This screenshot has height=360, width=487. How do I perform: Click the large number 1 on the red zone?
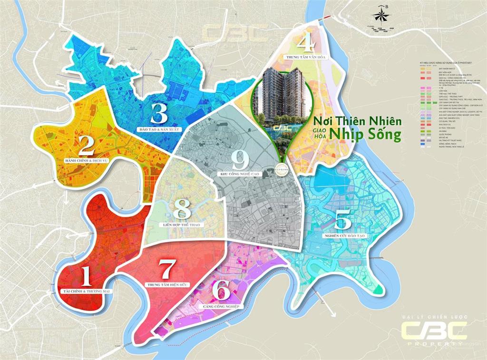coord(86,276)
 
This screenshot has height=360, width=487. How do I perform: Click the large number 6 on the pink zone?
coord(221,291)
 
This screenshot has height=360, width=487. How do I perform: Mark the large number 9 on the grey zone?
coord(241,159)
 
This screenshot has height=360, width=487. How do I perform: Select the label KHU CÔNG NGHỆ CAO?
coord(241,174)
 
